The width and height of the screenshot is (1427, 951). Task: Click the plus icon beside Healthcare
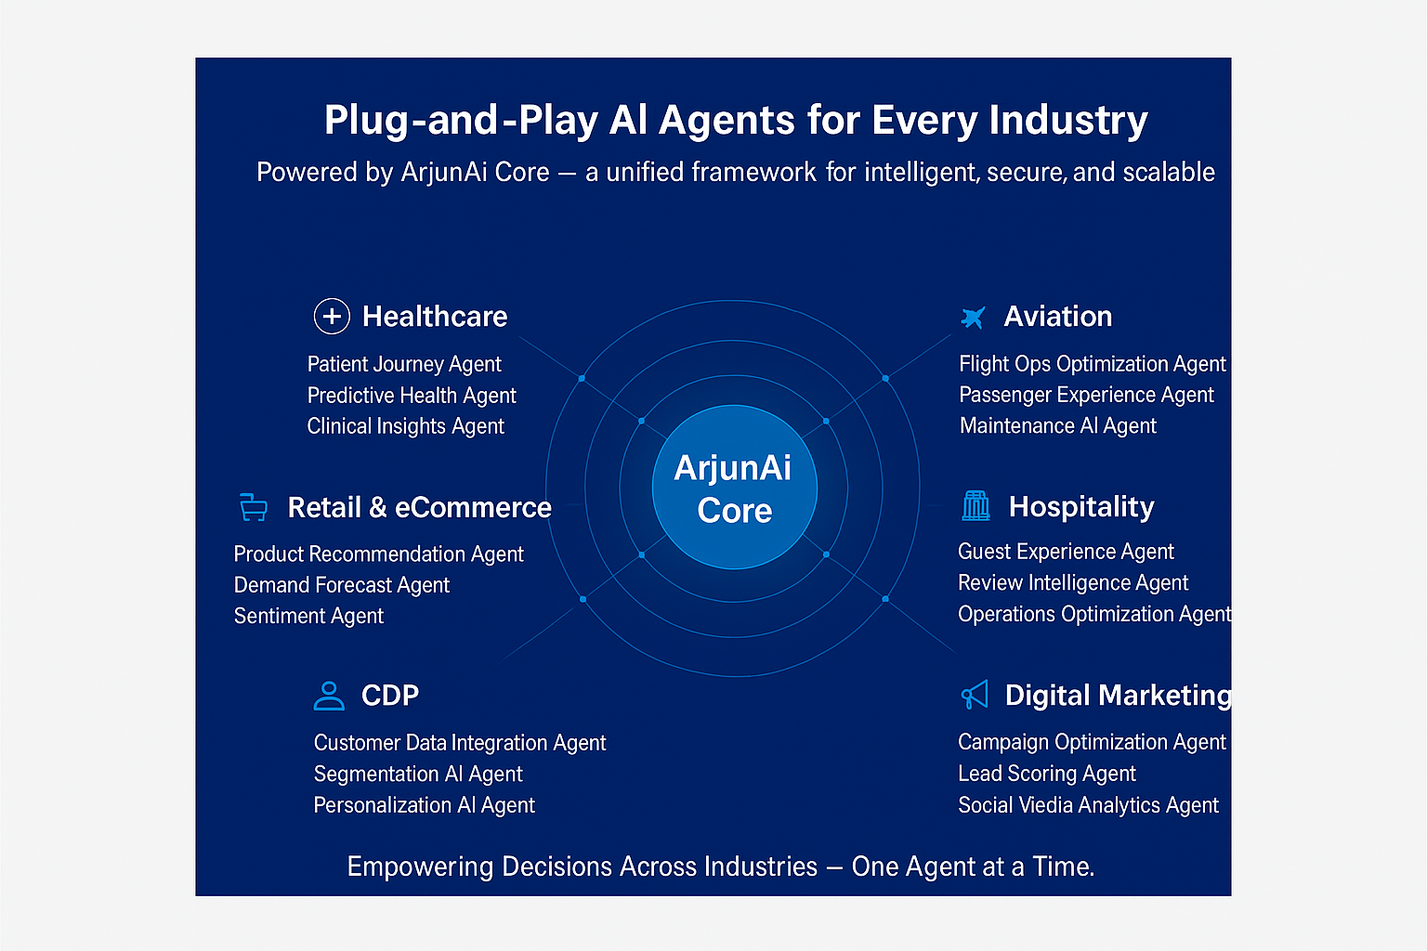click(x=332, y=317)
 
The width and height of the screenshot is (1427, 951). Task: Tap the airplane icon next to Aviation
click(x=973, y=318)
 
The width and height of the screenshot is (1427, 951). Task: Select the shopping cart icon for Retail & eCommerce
click(x=253, y=507)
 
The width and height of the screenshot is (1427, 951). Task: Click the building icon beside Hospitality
click(x=976, y=505)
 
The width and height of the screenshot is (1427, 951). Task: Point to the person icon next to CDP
click(x=329, y=696)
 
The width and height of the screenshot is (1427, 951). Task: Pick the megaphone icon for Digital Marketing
click(x=975, y=695)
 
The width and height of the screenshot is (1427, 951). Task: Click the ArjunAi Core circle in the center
click(x=734, y=488)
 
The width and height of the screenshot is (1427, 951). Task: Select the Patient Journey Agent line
click(x=404, y=364)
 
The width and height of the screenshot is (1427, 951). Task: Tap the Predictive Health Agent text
click(x=412, y=396)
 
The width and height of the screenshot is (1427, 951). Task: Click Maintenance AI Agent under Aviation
click(x=1057, y=426)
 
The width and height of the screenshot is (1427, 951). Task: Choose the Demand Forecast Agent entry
click(x=341, y=585)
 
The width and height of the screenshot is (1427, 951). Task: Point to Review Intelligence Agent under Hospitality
click(x=1073, y=583)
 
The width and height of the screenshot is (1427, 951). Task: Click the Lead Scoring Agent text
click(x=1047, y=774)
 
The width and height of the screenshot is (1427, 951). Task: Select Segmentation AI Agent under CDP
click(x=418, y=775)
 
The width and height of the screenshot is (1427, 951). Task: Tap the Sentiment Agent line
click(x=308, y=617)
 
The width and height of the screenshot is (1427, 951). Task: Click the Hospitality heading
click(x=1081, y=507)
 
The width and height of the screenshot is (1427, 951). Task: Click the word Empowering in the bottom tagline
click(x=420, y=866)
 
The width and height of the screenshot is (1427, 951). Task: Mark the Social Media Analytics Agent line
click(x=1088, y=805)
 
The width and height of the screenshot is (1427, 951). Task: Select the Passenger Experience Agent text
click(x=1086, y=396)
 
